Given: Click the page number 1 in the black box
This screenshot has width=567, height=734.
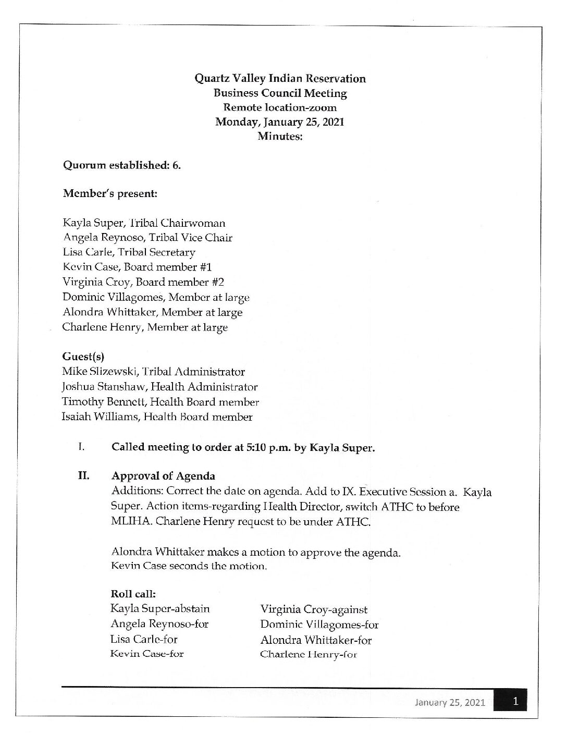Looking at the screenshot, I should coord(515,702).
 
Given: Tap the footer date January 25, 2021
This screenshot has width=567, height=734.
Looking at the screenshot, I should coord(450,702).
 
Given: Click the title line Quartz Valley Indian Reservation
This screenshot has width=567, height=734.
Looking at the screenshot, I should coord(280,79).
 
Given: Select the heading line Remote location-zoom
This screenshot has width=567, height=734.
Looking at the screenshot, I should coord(280,108).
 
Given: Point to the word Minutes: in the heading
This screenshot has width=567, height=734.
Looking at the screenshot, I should coord(280,137).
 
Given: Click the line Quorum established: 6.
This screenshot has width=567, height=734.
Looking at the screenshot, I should coord(122,165).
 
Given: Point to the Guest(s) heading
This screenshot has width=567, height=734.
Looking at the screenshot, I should coord(83,357).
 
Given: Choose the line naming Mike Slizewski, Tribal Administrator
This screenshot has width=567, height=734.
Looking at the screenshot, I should coord(153,372).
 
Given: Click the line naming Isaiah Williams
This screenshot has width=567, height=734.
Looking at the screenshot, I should coord(157,417).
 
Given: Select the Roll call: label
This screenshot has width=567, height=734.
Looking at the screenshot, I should coord(133,594).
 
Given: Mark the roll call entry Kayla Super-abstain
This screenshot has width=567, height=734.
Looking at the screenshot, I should coord(160,609).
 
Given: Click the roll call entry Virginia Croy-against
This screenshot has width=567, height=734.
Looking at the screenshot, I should coord(314,609).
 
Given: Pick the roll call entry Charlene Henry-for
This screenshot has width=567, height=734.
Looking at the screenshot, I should coord(309,655).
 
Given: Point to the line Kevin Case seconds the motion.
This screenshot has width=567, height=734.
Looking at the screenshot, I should coord(189,566).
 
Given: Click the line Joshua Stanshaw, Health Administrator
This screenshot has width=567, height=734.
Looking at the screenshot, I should coord(159,387).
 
